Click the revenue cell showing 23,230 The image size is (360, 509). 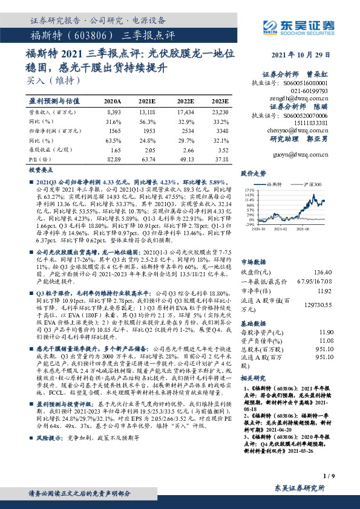[220, 113]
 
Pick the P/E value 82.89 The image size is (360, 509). [113, 158]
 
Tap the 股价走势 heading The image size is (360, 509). [254, 173]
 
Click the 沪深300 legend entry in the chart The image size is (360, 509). [310, 184]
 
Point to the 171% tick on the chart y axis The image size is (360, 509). [248, 190]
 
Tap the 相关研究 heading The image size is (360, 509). [254, 377]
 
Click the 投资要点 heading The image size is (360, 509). [42, 171]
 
